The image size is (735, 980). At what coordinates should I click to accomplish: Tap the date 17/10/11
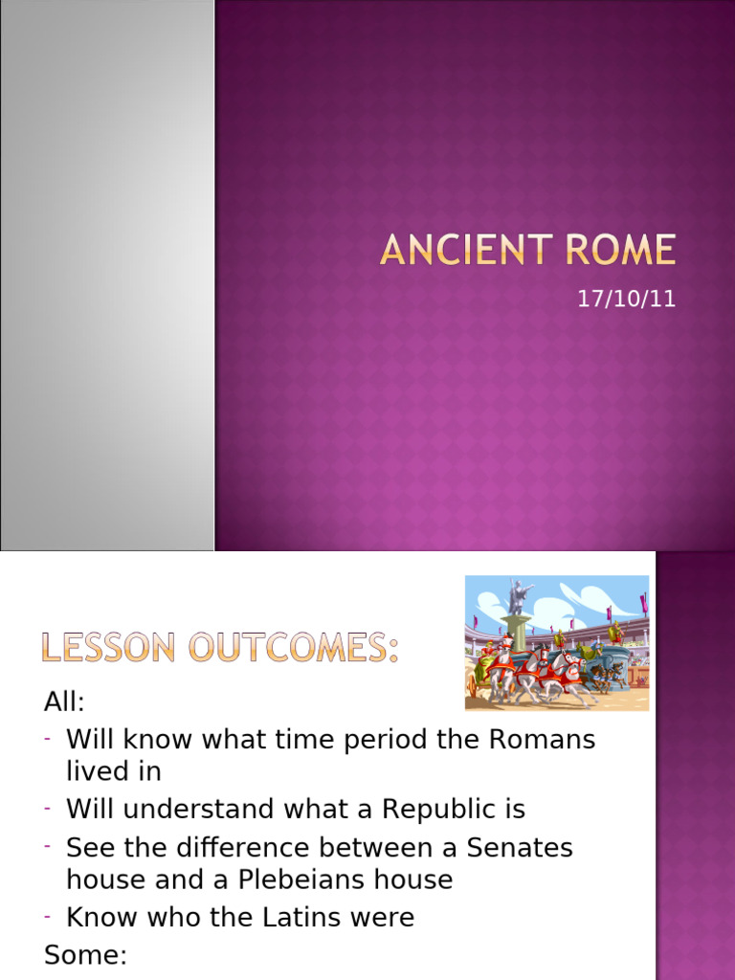click(x=626, y=299)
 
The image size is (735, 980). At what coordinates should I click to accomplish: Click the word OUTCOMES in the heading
click(x=292, y=649)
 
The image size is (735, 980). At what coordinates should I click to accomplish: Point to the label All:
click(x=64, y=702)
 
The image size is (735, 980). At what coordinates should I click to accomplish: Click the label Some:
click(x=85, y=957)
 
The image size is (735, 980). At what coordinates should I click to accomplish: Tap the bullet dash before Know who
click(x=47, y=917)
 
